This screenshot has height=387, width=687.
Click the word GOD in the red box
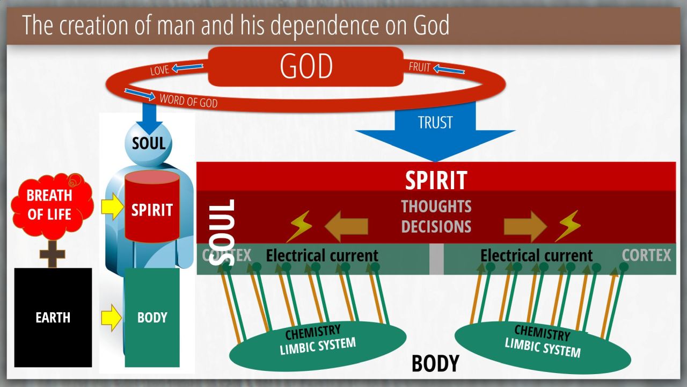[x=306, y=66]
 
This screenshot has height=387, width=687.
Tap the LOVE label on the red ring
[x=159, y=70]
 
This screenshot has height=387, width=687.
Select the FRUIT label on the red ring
[x=420, y=67]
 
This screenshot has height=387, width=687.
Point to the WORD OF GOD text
[x=188, y=101]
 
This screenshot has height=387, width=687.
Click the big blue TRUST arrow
[x=435, y=131]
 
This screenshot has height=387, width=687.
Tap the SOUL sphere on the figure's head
[x=149, y=144]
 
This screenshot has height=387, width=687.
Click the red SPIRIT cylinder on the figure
[x=152, y=206]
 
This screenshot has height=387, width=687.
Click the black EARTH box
[x=53, y=318]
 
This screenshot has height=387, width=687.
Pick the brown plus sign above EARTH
[x=53, y=254]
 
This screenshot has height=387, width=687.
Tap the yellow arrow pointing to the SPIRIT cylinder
[x=112, y=207]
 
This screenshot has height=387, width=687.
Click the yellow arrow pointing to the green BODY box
[x=111, y=318]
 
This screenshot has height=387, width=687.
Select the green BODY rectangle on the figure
[x=152, y=318]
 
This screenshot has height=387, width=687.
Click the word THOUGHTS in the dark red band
[x=436, y=206]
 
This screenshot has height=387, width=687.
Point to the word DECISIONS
[x=436, y=227]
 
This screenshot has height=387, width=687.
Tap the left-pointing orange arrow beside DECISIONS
[x=346, y=227]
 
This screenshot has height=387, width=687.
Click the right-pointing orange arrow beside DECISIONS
[x=525, y=227]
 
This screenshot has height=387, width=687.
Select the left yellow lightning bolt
[x=299, y=226]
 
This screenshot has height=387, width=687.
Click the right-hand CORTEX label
[x=646, y=255]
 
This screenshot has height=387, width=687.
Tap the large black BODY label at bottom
[x=435, y=364]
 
